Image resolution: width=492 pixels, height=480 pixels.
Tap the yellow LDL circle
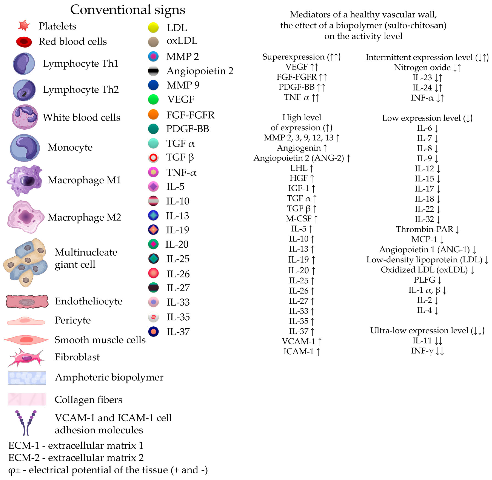[x=153, y=27]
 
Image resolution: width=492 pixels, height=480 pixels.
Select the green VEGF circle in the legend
[x=153, y=99]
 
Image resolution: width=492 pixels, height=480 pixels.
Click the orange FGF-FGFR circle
[x=153, y=114]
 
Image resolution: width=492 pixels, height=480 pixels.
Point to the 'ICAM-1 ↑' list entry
[x=302, y=351]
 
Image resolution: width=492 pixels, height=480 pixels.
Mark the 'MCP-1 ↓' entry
[x=427, y=239]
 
